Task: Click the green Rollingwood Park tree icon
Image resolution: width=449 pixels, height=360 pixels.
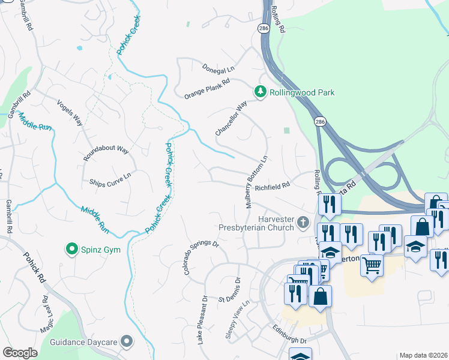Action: pyautogui.click(x=260, y=92)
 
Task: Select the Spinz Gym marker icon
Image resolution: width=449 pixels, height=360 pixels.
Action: pyautogui.click(x=72, y=248)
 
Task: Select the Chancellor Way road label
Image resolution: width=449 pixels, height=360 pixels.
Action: pyautogui.click(x=232, y=118)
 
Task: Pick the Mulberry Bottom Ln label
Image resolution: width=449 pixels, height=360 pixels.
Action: pyautogui.click(x=256, y=181)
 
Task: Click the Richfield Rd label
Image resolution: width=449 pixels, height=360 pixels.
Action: pyautogui.click(x=272, y=187)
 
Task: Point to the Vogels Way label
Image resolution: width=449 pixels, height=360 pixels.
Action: pyautogui.click(x=70, y=111)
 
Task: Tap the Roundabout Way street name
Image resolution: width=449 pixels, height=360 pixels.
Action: pyautogui.click(x=106, y=149)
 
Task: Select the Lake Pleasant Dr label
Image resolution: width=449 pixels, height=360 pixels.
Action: pyautogui.click(x=202, y=319)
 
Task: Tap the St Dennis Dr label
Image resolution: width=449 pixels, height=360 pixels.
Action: pyautogui.click(x=229, y=290)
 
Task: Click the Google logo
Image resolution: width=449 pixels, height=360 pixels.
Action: pyautogui.click(x=20, y=353)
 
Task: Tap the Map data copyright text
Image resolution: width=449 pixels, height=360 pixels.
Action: pyautogui.click(x=423, y=355)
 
